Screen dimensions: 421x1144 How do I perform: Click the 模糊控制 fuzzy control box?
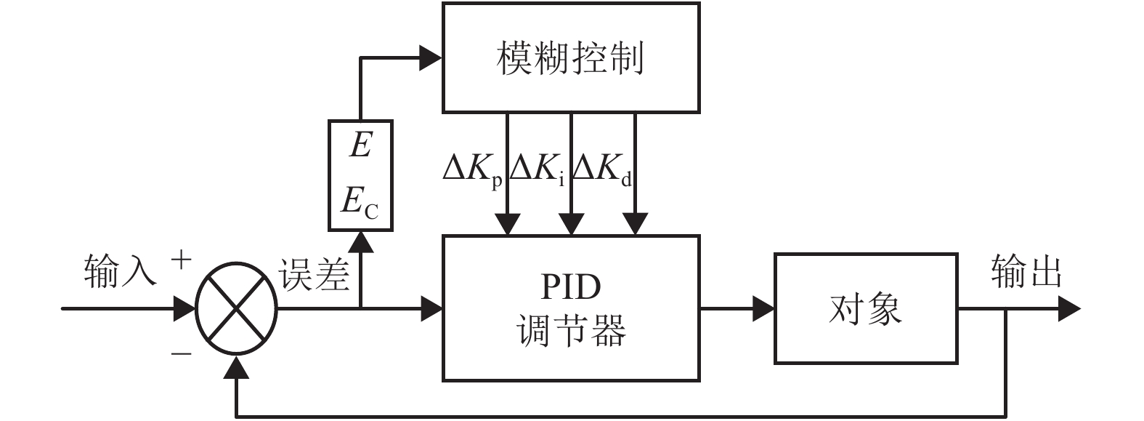tap(571, 58)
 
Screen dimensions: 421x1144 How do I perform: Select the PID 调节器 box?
tap(571, 308)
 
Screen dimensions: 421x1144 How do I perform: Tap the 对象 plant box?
tap(866, 308)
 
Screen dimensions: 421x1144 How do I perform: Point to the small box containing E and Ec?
tap(360, 175)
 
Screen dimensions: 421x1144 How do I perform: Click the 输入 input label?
tap(120, 271)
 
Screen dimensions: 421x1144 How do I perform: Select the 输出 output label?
tap(1026, 273)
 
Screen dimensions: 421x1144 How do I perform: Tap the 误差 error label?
tap(314, 275)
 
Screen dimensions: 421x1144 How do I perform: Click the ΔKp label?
tap(472, 169)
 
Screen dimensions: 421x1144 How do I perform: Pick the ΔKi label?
tap(537, 169)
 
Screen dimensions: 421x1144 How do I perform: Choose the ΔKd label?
tap(602, 169)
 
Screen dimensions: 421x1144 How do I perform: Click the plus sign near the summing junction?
tap(181, 260)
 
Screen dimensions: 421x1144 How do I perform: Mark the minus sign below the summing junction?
tap(181, 353)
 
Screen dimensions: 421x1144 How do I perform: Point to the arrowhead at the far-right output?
tap(1068, 308)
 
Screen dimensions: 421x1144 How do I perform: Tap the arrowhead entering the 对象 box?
tap(763, 308)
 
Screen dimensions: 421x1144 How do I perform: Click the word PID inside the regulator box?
tap(571, 287)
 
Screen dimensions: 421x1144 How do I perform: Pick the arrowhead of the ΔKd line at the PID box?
tap(636, 224)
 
